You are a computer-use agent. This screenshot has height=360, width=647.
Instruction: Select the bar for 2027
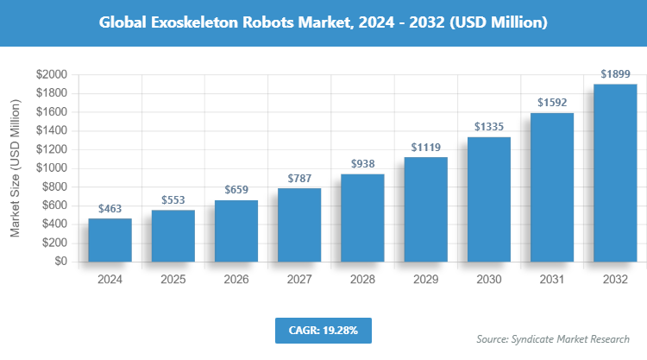click(299, 224)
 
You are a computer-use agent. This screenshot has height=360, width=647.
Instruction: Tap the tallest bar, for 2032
click(615, 173)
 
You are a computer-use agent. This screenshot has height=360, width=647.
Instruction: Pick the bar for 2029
click(425, 209)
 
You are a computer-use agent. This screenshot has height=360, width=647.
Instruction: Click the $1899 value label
click(615, 73)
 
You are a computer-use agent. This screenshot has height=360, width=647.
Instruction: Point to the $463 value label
click(110, 208)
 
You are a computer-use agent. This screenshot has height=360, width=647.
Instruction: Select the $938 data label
click(362, 163)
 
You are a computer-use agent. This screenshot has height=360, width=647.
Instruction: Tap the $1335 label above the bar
click(489, 126)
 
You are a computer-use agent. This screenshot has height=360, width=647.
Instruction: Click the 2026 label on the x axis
click(236, 280)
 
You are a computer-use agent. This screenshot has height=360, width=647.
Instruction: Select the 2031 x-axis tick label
click(552, 280)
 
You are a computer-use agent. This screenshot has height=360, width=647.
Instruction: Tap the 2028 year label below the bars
click(362, 280)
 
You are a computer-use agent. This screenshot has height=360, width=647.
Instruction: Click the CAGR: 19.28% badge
click(323, 330)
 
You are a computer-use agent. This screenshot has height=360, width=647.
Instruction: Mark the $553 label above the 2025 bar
click(173, 199)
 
